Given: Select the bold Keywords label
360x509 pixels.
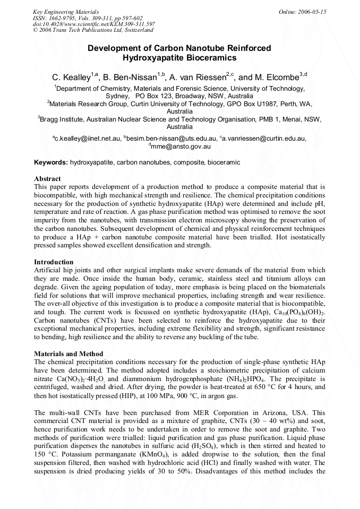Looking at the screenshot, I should [51, 162].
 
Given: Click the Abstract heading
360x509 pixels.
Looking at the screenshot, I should [48, 179].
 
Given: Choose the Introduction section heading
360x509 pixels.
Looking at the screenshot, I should [54, 262].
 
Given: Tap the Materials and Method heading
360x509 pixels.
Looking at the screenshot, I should [68, 354].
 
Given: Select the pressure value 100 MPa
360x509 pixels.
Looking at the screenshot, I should [153, 396].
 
